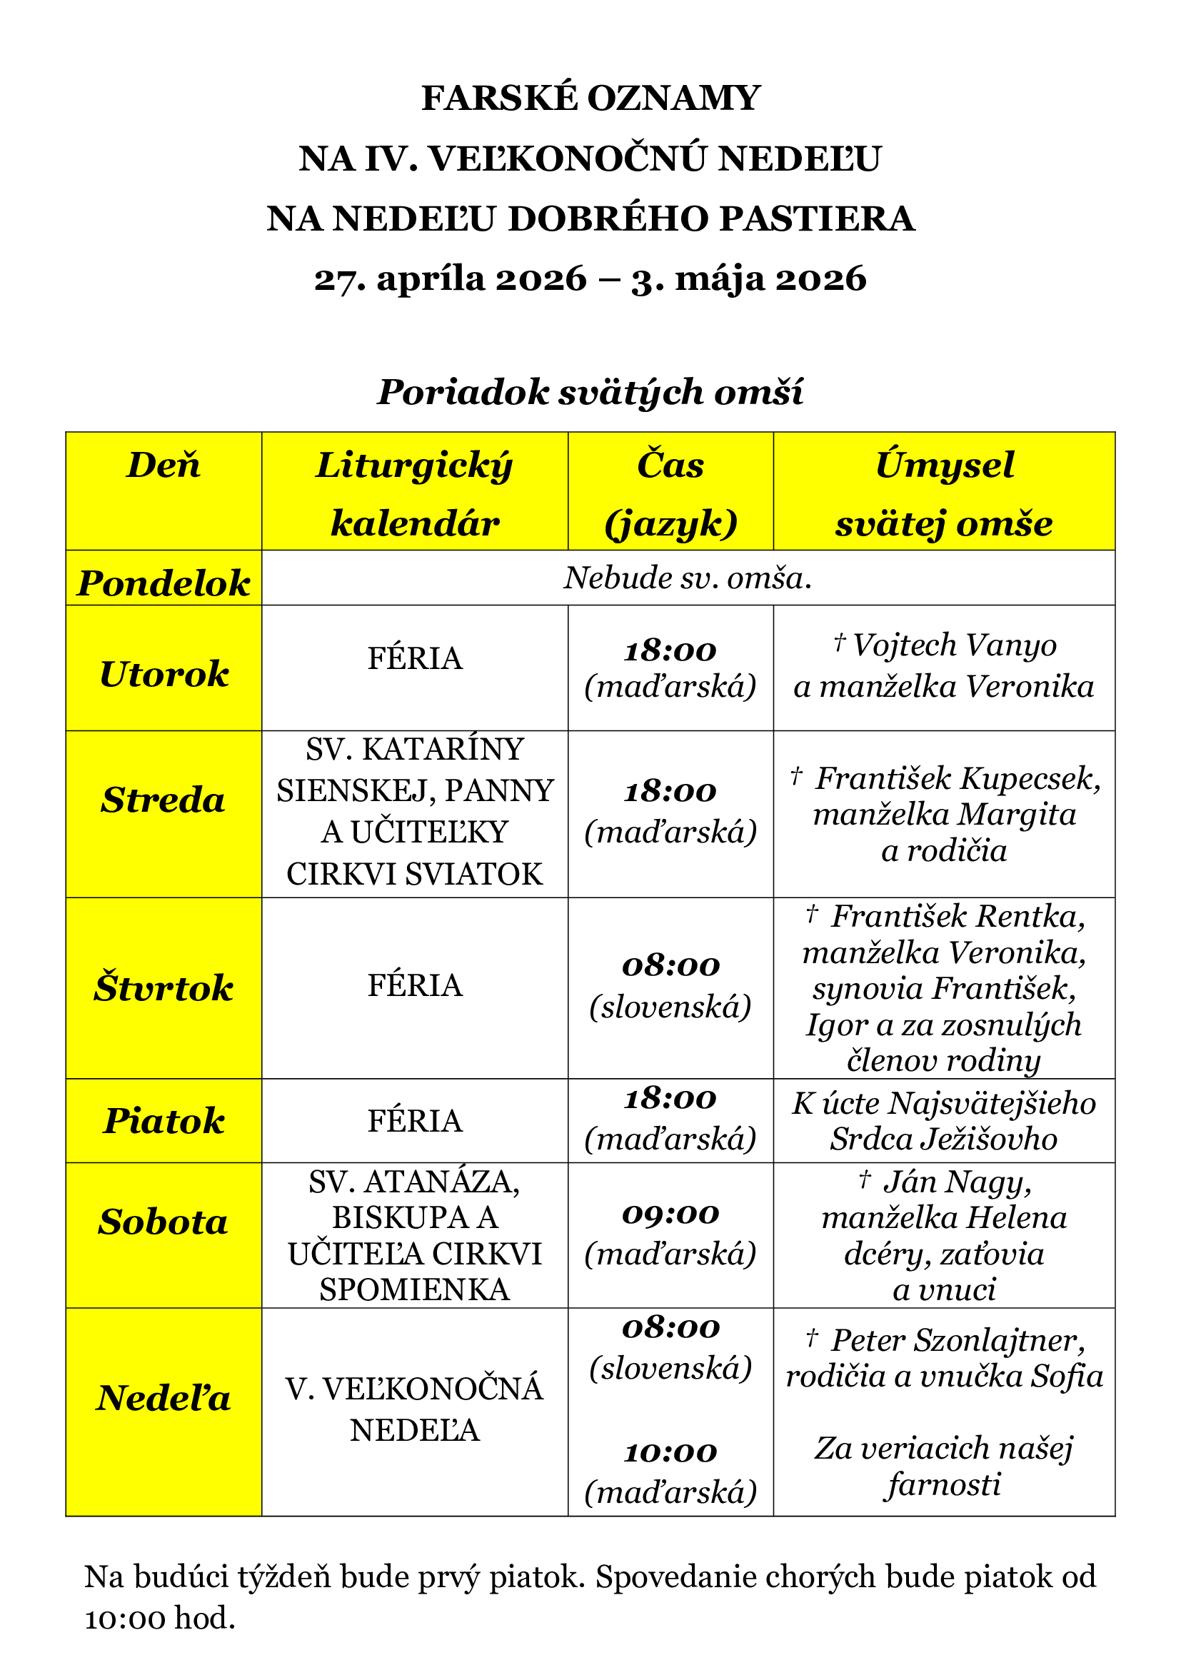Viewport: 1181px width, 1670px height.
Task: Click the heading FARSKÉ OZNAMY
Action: (590, 99)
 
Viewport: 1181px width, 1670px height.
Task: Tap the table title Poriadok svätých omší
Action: (590, 392)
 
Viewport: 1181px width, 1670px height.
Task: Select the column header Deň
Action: (164, 466)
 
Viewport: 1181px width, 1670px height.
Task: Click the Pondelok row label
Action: (164, 583)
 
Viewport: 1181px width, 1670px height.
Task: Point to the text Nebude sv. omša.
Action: (687, 578)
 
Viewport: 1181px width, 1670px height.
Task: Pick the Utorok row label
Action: (164, 674)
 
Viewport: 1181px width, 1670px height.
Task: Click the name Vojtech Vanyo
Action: (954, 645)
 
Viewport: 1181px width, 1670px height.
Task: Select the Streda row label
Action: (164, 800)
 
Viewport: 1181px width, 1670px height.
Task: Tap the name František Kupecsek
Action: (957, 779)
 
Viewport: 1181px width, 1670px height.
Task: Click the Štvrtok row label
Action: (164, 987)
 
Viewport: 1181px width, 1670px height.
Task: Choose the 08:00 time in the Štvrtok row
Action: (670, 966)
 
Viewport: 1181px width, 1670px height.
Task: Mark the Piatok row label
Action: (164, 1121)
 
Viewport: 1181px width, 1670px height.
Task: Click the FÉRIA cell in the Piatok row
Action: (415, 1121)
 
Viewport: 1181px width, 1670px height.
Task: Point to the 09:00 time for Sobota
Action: (670, 1214)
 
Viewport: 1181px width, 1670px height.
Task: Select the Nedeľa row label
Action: (164, 1398)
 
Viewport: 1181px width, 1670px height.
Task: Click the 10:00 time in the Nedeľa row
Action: (670, 1452)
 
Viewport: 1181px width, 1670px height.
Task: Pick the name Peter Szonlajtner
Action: (957, 1341)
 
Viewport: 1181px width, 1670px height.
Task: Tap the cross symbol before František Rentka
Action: (813, 913)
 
